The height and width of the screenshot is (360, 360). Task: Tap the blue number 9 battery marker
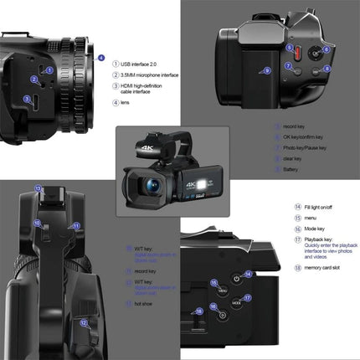tap(267, 71)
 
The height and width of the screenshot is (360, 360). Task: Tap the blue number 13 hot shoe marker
tap(39, 190)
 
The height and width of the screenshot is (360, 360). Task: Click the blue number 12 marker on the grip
tap(83, 321)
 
